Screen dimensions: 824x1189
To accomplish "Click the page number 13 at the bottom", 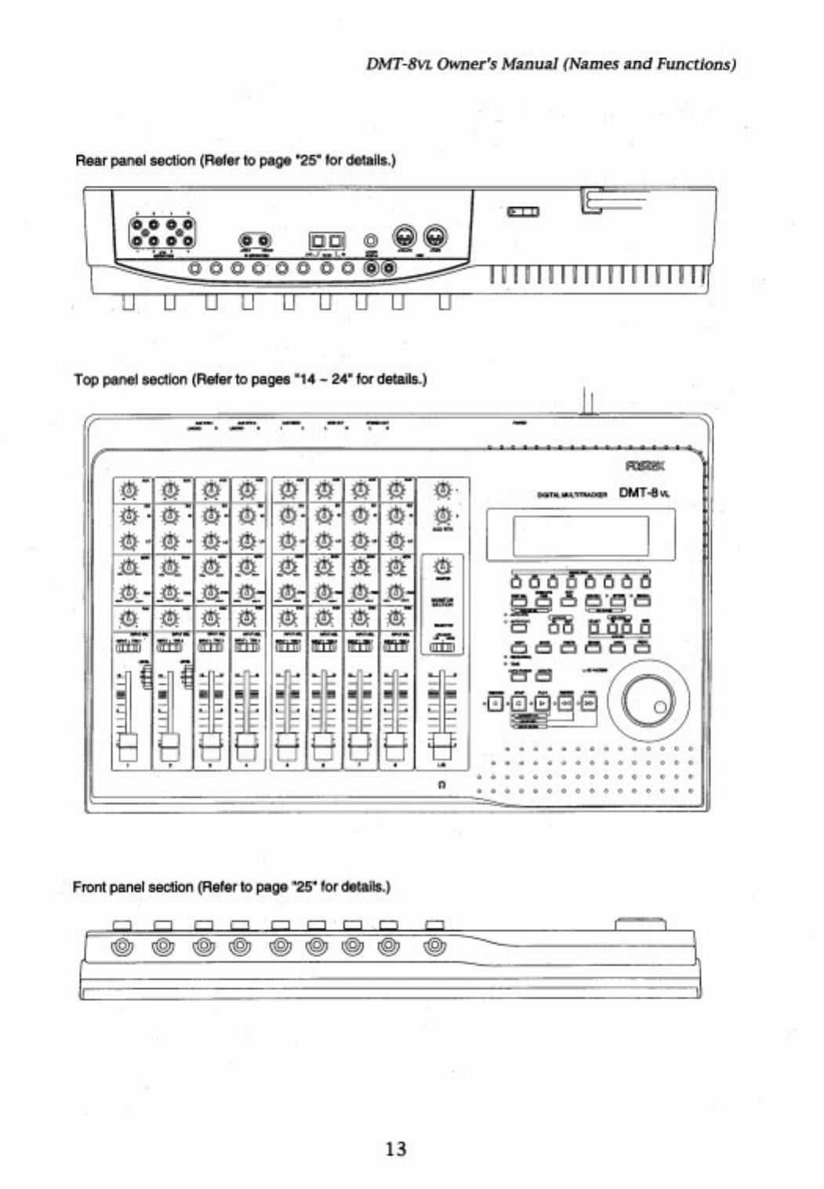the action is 396,1149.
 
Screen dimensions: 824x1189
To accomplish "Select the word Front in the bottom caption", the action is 89,887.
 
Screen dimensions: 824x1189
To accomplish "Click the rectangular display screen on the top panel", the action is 580,535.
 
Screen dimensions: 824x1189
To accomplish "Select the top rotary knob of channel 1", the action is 129,491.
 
